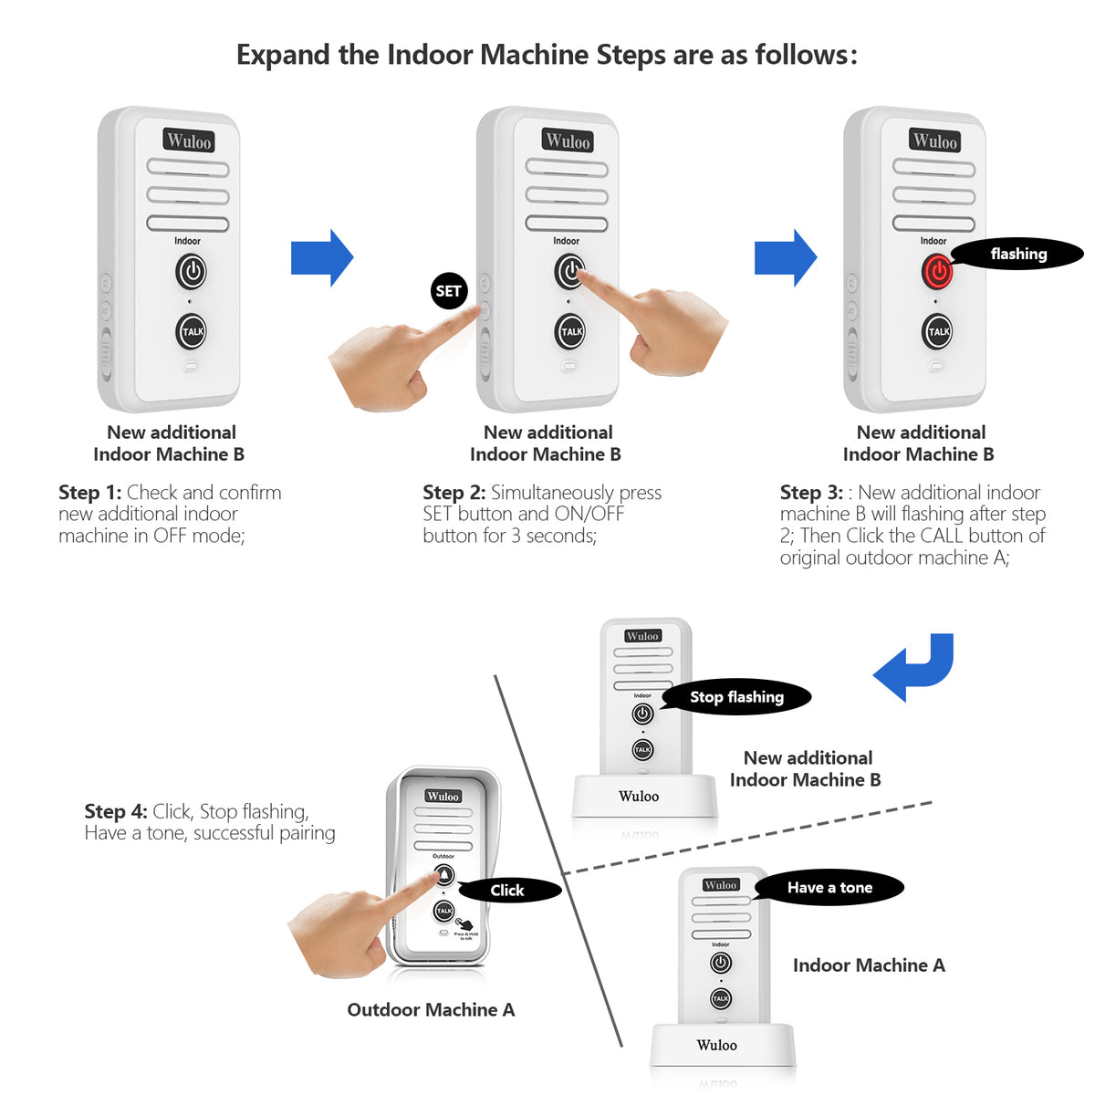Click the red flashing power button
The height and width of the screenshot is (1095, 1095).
(937, 271)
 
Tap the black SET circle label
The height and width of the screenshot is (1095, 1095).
(448, 291)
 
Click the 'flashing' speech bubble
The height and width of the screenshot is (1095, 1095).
(1017, 255)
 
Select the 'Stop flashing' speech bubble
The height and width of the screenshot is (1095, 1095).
(735, 697)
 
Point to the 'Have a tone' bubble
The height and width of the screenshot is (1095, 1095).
(829, 888)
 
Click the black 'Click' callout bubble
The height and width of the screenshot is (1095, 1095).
(508, 891)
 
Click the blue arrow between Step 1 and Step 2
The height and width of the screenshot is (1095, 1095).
(321, 258)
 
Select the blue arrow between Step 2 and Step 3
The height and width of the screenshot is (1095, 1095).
(785, 258)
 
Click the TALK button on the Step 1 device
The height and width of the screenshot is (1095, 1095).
(192, 331)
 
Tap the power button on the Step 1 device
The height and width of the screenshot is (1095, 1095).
(191, 271)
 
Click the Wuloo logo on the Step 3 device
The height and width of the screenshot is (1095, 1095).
(934, 141)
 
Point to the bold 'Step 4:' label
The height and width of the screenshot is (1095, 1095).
(115, 811)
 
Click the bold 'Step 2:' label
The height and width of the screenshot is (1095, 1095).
(454, 493)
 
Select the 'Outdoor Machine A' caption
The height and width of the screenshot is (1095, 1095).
(431, 1010)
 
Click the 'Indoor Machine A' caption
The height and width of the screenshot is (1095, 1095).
(869, 965)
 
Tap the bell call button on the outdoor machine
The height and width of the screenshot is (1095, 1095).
(443, 876)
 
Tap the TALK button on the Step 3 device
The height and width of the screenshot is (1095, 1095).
(937, 331)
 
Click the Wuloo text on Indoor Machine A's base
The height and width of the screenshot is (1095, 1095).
(716, 1046)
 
